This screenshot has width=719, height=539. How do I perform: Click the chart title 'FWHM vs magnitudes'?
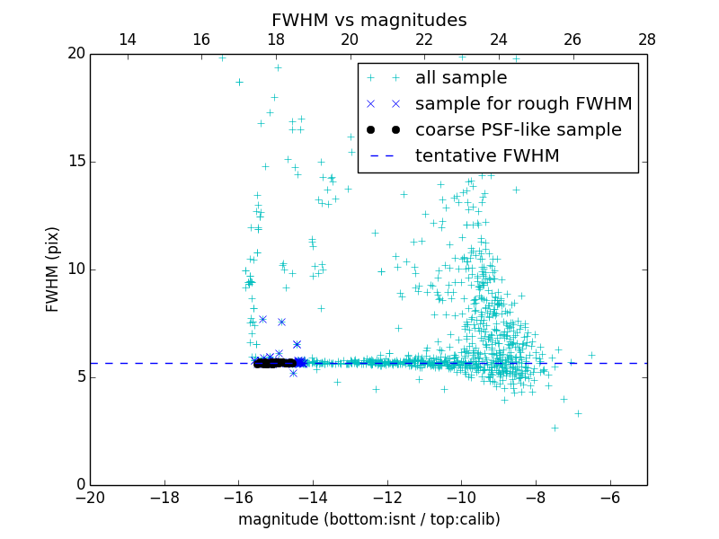[368, 20]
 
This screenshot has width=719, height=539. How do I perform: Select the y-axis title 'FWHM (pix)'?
[53, 269]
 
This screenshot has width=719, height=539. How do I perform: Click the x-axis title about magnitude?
[368, 519]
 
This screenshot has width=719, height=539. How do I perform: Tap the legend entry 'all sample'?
[461, 78]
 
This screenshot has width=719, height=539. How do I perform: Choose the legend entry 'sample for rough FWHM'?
[523, 104]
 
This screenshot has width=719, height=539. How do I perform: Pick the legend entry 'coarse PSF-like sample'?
[518, 130]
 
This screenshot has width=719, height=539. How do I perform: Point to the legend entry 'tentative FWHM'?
[487, 156]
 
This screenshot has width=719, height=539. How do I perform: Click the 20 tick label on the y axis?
[75, 54]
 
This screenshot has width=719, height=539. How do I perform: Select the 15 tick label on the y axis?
[75, 162]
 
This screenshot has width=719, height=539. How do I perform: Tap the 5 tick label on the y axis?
[80, 377]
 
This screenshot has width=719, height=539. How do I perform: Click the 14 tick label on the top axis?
[128, 40]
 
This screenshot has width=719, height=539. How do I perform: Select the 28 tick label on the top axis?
[646, 40]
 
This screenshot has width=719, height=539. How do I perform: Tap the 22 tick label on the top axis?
[424, 40]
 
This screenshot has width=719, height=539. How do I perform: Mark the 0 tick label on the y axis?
[80, 485]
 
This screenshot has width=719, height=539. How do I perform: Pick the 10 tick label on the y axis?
[75, 269]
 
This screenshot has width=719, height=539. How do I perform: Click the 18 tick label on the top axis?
[276, 40]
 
